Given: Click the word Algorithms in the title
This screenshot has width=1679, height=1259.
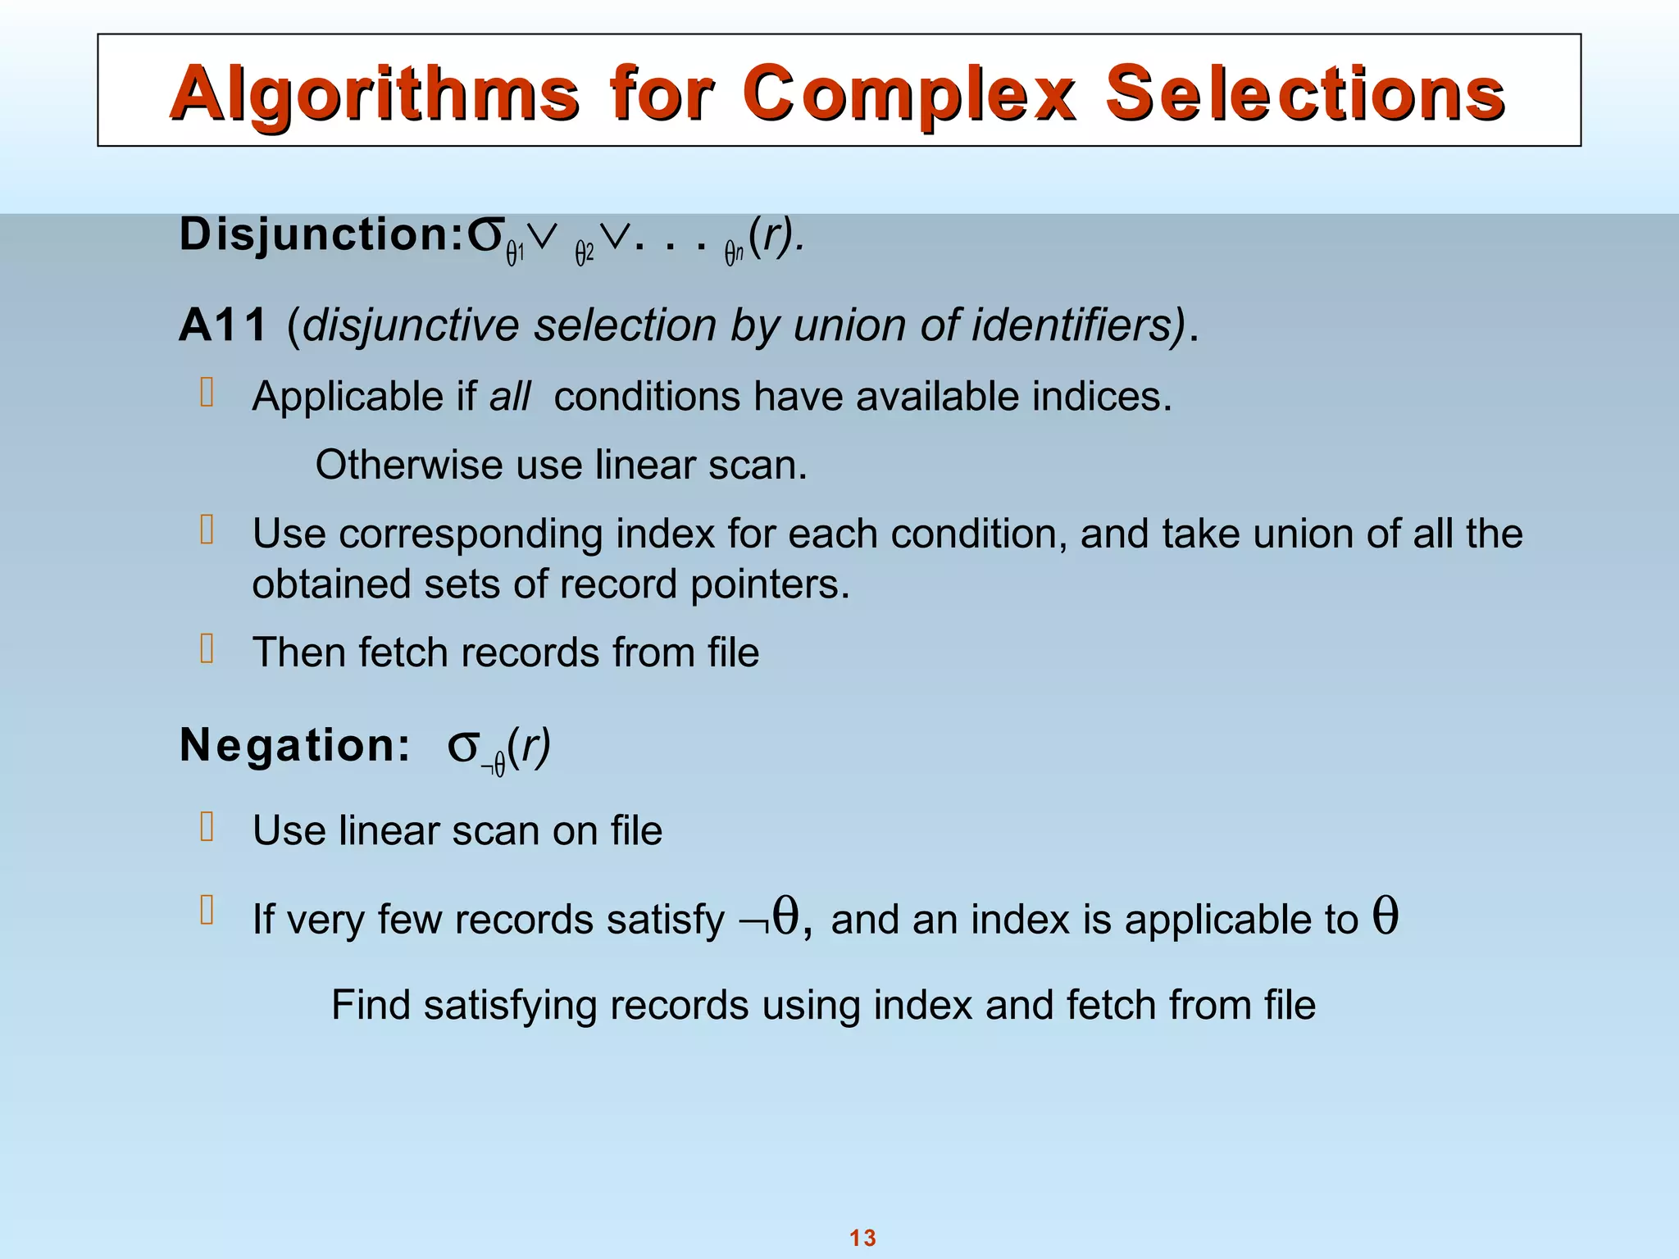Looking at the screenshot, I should click(x=374, y=95).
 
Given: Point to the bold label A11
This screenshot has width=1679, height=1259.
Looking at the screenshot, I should click(x=223, y=325).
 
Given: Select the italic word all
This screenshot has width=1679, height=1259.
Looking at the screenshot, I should click(x=510, y=397).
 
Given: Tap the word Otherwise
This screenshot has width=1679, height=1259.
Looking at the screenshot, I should click(x=408, y=466).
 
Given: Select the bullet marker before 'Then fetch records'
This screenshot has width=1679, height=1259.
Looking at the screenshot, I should click(x=207, y=648).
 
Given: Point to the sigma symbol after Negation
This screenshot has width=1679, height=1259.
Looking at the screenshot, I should click(x=463, y=747).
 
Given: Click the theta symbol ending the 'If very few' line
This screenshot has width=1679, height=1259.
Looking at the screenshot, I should click(x=1386, y=916).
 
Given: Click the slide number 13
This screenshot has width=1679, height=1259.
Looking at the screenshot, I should click(x=862, y=1238).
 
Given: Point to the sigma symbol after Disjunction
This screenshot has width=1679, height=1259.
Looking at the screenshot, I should click(x=485, y=236).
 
